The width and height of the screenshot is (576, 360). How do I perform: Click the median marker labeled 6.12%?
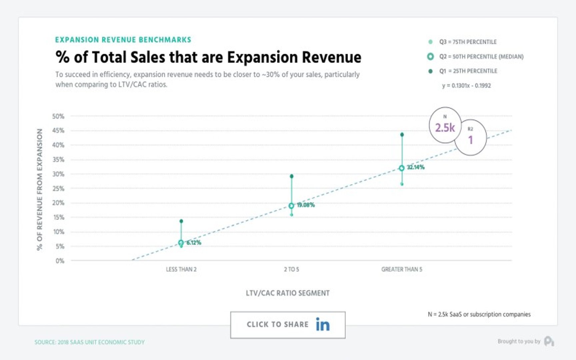[x=181, y=243]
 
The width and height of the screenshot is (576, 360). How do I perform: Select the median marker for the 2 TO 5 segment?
[x=291, y=206]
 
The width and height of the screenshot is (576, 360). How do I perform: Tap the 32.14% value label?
[x=416, y=167]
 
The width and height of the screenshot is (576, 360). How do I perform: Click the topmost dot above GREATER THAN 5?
[x=402, y=135]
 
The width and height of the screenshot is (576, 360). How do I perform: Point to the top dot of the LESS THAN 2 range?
[x=181, y=221]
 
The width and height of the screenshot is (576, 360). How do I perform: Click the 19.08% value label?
[x=306, y=205]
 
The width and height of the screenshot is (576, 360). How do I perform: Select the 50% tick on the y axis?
[x=58, y=116]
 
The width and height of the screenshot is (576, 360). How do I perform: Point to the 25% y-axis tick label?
[x=58, y=188]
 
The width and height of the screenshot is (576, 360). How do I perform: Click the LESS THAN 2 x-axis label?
[x=181, y=269]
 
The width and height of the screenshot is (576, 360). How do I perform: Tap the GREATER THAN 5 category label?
[x=402, y=269]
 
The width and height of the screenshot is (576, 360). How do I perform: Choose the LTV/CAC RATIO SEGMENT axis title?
[x=288, y=293]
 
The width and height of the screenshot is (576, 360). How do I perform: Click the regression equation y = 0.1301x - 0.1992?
[x=466, y=86]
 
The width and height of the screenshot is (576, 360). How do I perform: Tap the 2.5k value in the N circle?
[x=445, y=128]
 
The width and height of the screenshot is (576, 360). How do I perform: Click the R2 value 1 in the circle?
[x=471, y=140]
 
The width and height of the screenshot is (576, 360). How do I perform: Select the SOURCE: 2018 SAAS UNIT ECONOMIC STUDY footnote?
[x=90, y=342]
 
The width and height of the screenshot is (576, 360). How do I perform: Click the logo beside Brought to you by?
[x=549, y=341]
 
